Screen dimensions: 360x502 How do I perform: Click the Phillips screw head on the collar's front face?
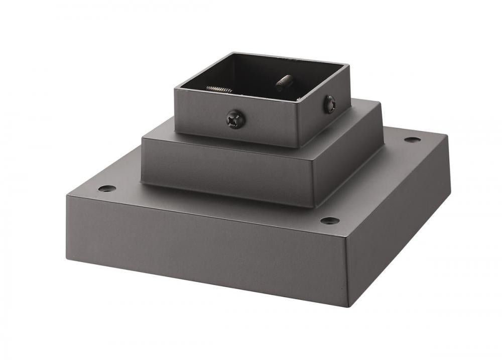pos(236,119)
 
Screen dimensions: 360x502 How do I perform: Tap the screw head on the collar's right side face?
pos(329,104)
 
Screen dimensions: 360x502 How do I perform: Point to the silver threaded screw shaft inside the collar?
pos(219,89)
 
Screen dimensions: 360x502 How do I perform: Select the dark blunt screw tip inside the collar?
pos(285,82)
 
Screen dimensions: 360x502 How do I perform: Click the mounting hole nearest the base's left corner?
pos(107,189)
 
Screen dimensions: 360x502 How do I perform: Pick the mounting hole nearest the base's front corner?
pos(329,220)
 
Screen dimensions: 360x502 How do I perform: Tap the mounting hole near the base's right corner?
pos(412,139)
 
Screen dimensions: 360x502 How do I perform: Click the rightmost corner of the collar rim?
pos(349,64)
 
